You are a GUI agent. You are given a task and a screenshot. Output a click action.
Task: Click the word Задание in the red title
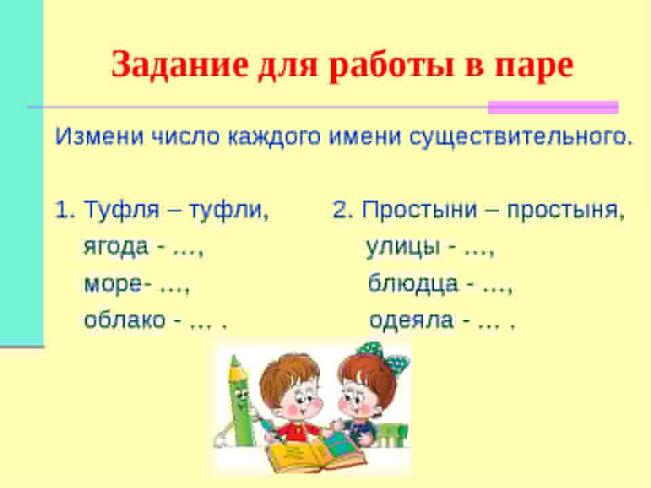pyautogui.click(x=180, y=65)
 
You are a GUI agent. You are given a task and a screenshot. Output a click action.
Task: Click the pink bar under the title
pyautogui.click(x=553, y=107)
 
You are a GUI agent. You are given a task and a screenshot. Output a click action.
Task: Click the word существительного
pyautogui.click(x=521, y=137)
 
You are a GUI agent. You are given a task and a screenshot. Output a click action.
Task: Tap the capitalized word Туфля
pyautogui.click(x=122, y=209)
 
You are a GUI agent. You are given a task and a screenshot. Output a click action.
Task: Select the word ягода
pyautogui.click(x=116, y=247)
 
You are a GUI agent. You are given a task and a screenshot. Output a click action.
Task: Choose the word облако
pyautogui.click(x=125, y=320)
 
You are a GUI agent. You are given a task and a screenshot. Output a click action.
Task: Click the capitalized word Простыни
pyautogui.click(x=420, y=210)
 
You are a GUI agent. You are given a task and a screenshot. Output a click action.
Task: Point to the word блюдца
pyautogui.click(x=413, y=284)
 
